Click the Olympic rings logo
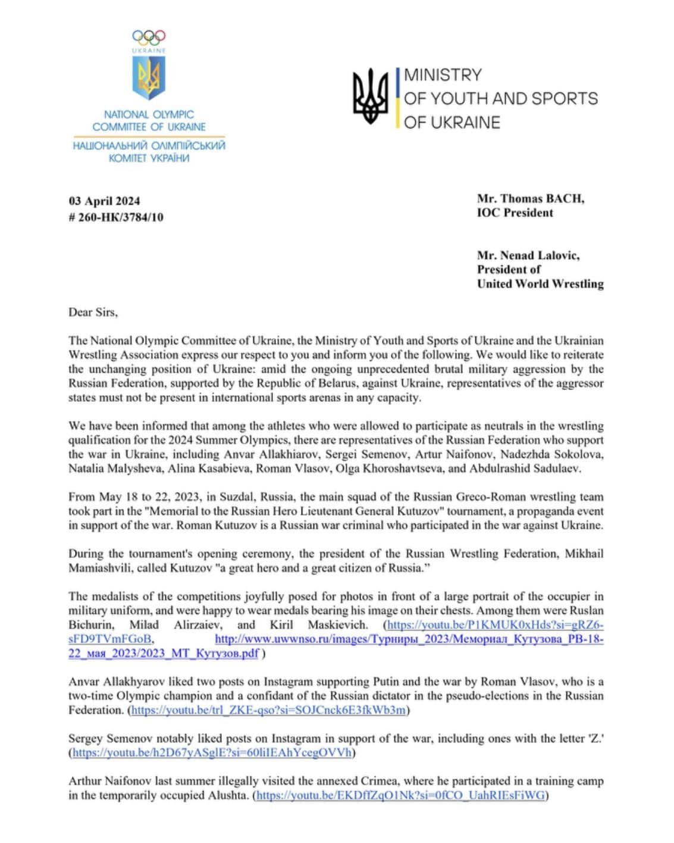149,38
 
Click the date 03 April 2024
104,201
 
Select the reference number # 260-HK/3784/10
115,217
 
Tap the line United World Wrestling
540,284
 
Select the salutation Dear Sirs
93,312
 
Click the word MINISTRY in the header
443,75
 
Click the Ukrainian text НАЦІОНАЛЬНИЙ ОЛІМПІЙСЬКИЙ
149,145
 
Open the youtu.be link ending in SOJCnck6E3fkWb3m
268,710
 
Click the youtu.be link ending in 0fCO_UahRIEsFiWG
400,795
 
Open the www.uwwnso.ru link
409,639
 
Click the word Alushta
228,795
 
